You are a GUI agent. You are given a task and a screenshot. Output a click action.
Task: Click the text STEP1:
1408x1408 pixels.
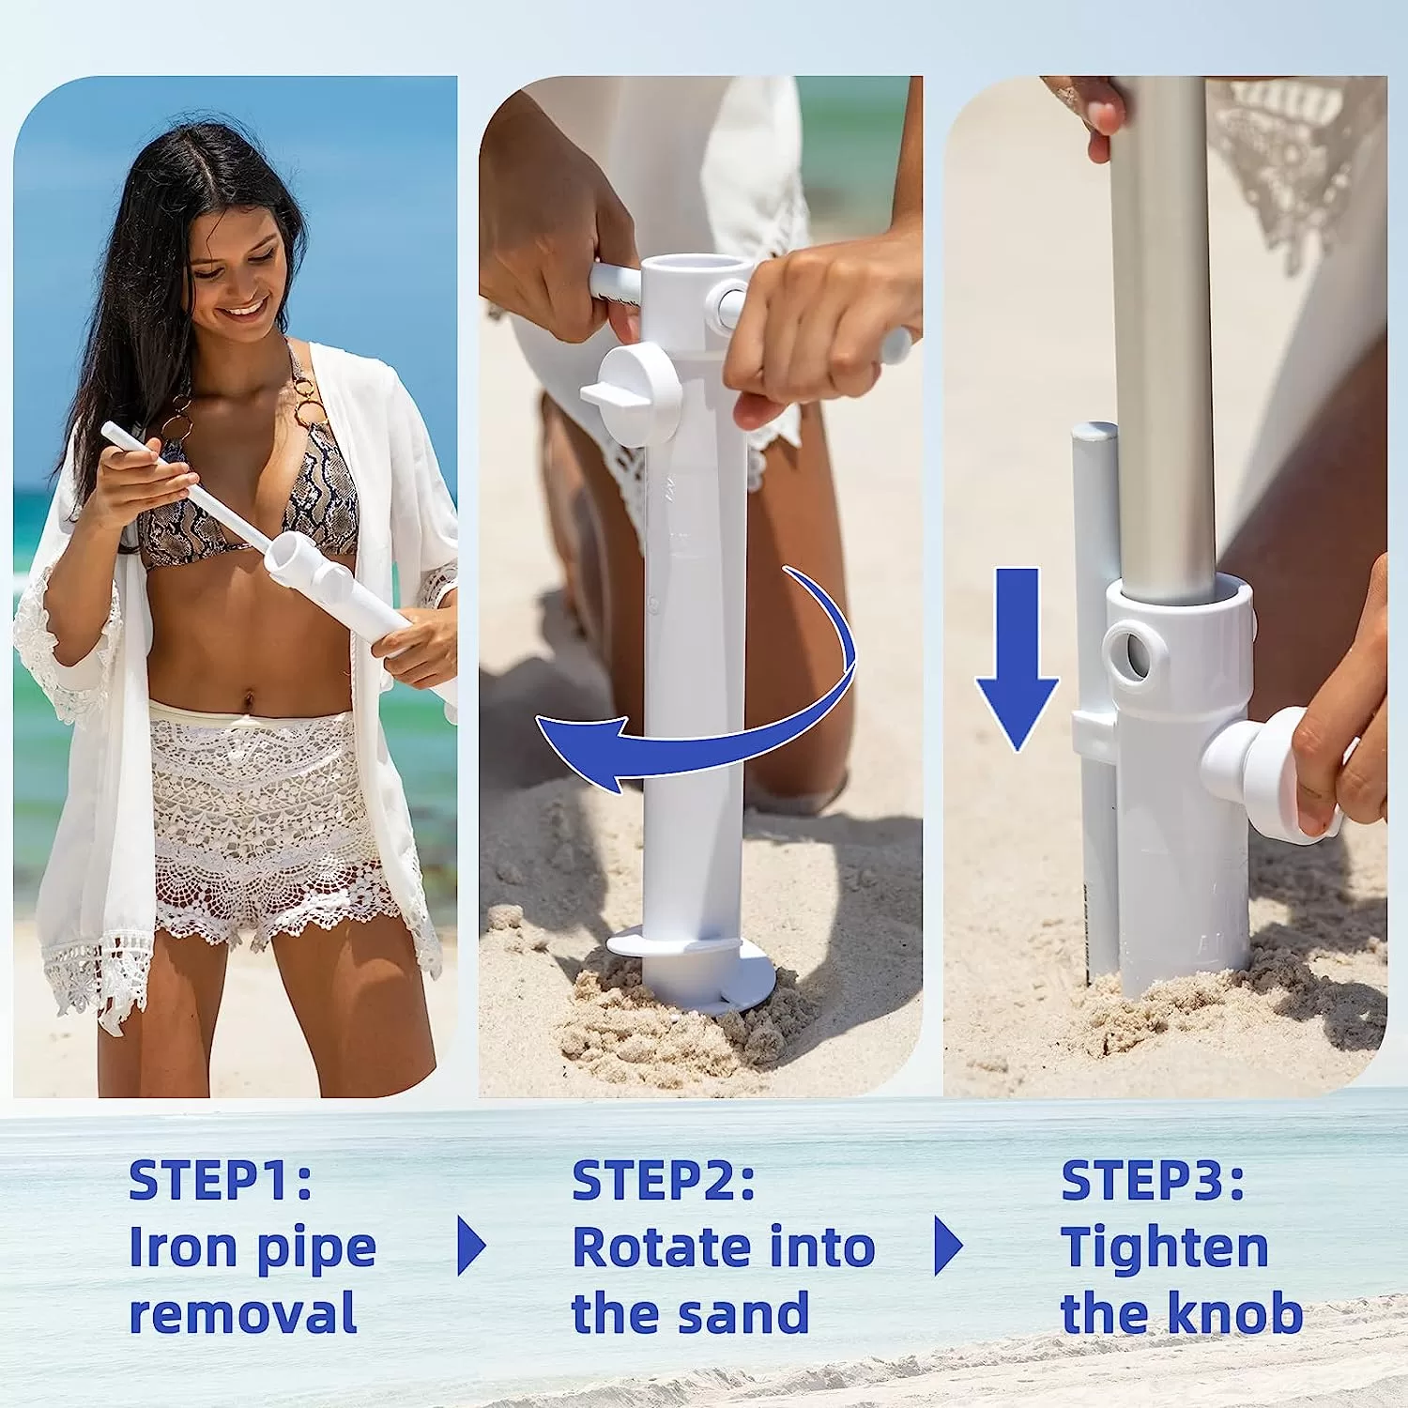221,1180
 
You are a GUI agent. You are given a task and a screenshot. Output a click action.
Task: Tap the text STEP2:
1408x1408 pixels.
664,1180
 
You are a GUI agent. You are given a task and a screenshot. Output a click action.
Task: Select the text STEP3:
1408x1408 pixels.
1153,1180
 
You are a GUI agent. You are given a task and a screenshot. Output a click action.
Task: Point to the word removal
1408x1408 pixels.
243,1312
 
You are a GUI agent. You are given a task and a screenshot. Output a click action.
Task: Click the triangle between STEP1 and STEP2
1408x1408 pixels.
471,1246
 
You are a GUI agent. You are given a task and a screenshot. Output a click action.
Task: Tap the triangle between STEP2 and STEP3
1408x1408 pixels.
949,1246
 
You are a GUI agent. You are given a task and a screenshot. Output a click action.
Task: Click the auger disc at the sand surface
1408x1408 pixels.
692,967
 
